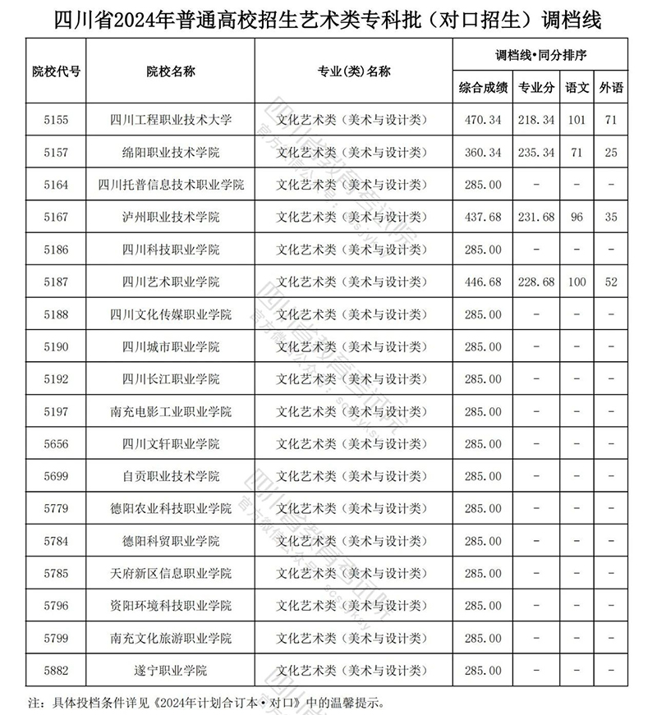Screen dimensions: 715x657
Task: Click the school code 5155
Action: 56,120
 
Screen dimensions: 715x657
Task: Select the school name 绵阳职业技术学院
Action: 171,153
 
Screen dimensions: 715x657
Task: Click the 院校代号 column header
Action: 56,71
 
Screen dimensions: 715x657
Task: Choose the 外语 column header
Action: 609,87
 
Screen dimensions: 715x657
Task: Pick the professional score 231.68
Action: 536,218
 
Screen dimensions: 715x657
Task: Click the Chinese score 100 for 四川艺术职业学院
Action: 577,282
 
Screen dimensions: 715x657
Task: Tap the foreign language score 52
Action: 609,282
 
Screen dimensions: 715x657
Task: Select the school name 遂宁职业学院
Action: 171,671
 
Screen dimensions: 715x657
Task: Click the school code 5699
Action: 56,476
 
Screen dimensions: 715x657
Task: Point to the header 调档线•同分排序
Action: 540,55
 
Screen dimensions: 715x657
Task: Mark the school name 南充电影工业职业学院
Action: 171,411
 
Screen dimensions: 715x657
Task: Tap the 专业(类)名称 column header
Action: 354,71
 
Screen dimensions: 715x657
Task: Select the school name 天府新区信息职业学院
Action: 171,573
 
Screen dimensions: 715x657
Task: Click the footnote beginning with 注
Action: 205,703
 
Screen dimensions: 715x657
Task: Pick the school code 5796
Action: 56,606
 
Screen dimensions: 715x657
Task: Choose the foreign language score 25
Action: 609,153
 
